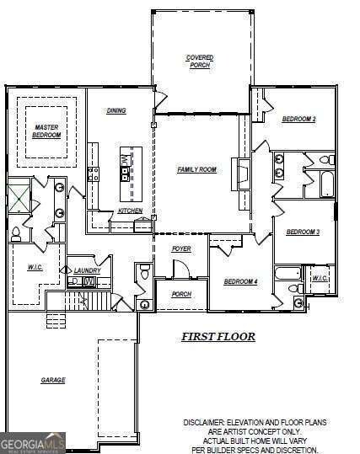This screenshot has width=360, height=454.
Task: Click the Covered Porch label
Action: (x=199, y=61)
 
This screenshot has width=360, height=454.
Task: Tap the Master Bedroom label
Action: (x=46, y=131)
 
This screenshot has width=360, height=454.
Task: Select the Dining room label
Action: (x=116, y=111)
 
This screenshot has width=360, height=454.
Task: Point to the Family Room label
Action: (x=196, y=169)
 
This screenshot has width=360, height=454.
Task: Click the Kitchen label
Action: (x=130, y=211)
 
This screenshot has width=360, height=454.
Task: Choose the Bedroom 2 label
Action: (x=298, y=120)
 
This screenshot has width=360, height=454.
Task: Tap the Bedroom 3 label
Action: (x=302, y=232)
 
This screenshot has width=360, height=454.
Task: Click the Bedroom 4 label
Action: (x=240, y=281)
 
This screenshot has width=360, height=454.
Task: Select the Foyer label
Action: (x=180, y=249)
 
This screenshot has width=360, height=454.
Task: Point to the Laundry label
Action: (x=87, y=270)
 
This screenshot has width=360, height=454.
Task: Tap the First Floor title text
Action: (x=218, y=336)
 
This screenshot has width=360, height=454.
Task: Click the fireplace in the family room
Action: (x=242, y=174)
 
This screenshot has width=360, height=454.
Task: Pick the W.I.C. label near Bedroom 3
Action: (x=320, y=278)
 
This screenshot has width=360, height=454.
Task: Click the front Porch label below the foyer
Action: (x=180, y=294)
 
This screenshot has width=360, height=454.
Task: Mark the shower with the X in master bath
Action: (x=18, y=199)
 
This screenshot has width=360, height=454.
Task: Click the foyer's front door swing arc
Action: (x=180, y=269)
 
